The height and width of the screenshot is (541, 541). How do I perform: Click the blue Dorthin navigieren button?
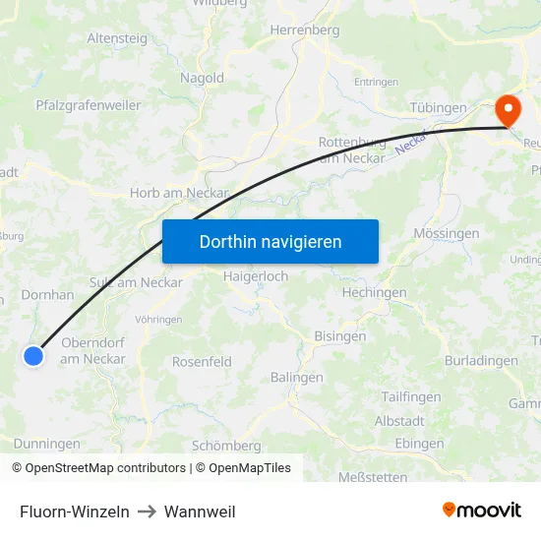(x=270, y=241)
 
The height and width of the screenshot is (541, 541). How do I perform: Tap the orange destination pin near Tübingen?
(x=509, y=110)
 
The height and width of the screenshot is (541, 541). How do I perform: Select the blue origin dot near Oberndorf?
(x=33, y=356)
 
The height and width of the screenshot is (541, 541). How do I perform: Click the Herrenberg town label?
(x=305, y=30)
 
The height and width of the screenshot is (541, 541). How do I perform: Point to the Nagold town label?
(x=202, y=78)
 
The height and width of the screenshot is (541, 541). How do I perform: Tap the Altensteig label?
(x=118, y=38)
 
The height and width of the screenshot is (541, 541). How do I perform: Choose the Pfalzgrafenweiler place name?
(x=89, y=105)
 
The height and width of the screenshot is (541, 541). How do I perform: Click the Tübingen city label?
(x=438, y=107)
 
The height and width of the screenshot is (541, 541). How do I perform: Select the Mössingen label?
(x=447, y=234)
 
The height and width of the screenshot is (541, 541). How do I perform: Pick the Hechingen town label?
(x=374, y=293)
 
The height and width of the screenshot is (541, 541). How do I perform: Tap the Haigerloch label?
(x=256, y=276)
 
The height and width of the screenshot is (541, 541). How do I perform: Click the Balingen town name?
(x=297, y=378)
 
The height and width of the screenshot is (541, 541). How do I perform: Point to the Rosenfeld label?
(x=202, y=362)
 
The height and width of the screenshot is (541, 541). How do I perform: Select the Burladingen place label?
(x=481, y=361)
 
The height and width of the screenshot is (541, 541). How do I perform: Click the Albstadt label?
(x=400, y=421)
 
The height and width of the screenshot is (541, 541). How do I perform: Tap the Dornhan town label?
(x=47, y=294)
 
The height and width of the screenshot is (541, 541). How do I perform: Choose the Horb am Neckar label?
(x=179, y=194)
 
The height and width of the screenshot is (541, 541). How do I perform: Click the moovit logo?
(x=482, y=511)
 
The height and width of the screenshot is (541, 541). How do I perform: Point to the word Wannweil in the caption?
(x=200, y=511)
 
